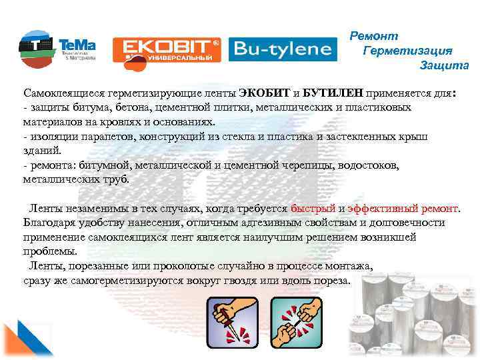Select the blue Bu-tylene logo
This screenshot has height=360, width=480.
click(280, 48)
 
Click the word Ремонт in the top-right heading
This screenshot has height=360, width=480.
click(374, 36)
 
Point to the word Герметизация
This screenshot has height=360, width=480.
click(408, 51)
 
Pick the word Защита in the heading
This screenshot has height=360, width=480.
click(444, 65)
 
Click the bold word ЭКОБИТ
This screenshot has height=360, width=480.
click(264, 94)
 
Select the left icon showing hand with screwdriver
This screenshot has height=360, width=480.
click(231, 322)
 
